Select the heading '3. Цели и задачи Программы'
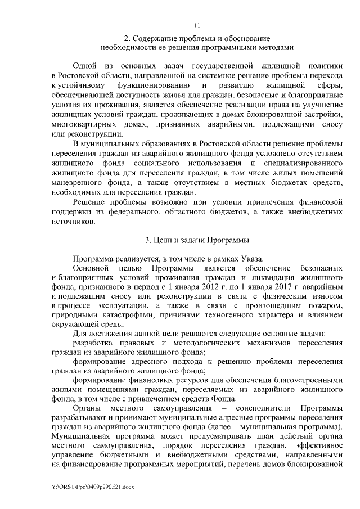point(197,241)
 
